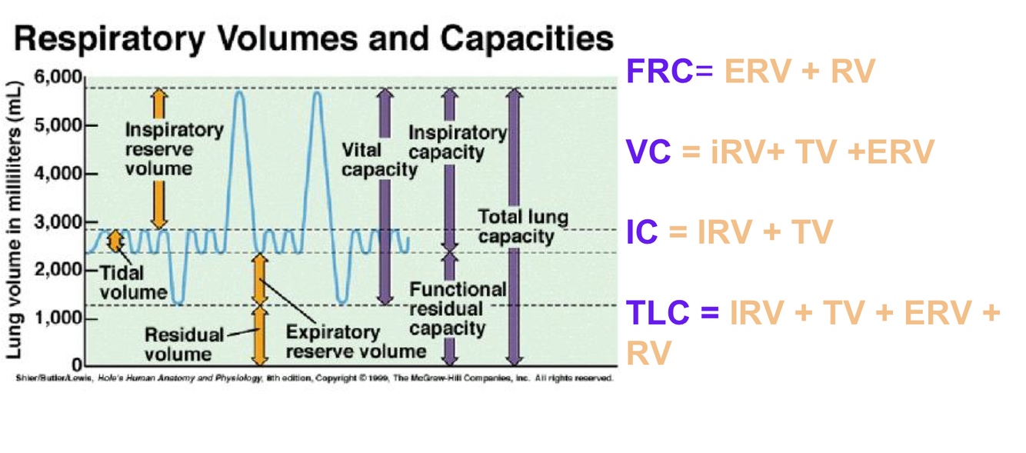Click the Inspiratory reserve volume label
pos(173,148)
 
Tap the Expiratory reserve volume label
pos(355,342)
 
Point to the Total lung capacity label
pos(523,226)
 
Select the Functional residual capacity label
pos(458,309)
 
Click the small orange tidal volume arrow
pos(115,241)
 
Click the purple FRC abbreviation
pos(659,72)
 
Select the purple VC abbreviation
pos(648,152)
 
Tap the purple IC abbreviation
pos(641,232)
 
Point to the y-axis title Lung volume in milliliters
pos(15,218)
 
